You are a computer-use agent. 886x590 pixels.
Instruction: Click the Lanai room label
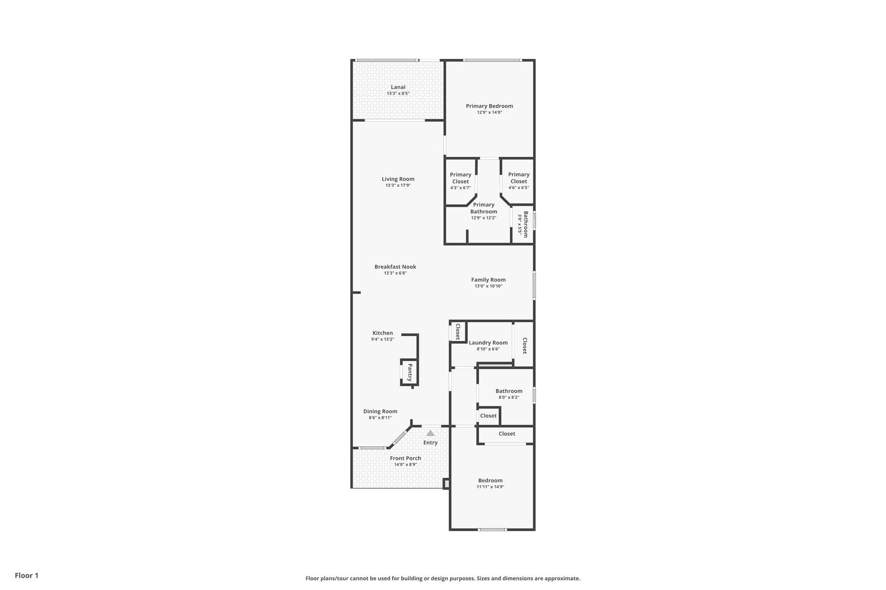[398, 87]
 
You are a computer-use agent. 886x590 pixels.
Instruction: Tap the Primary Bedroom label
[489, 106]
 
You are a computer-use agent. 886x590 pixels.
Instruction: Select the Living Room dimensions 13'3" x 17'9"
[398, 185]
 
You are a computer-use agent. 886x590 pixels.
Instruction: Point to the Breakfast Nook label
[395, 267]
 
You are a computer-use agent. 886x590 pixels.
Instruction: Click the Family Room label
[488, 280]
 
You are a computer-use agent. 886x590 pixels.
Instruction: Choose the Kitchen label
[382, 333]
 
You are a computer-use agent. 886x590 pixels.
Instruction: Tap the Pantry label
[410, 372]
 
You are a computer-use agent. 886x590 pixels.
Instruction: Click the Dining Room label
[380, 411]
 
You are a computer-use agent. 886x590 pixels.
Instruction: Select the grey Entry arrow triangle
[430, 433]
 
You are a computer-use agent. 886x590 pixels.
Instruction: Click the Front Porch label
[405, 458]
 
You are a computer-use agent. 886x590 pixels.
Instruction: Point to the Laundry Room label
[488, 343]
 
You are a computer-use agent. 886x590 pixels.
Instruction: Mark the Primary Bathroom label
[483, 208]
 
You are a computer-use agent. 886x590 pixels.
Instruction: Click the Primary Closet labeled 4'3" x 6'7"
[460, 181]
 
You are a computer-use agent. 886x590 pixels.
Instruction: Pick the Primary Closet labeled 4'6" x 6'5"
[518, 181]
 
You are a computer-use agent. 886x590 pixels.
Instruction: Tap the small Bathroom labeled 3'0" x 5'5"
[523, 224]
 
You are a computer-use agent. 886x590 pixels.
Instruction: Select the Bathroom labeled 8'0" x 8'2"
[509, 391]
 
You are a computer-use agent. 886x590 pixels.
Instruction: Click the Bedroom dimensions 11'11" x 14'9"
[490, 487]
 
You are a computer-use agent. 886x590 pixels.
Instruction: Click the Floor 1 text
[26, 575]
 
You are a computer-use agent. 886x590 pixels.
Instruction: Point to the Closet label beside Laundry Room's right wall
[524, 345]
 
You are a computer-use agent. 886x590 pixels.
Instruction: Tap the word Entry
[430, 443]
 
